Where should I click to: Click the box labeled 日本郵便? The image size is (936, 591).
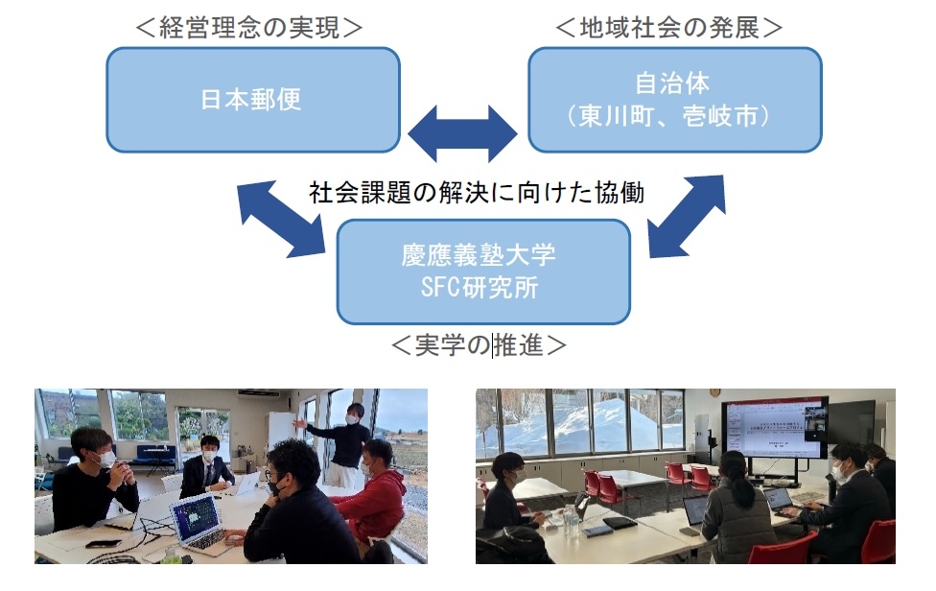pos(252,100)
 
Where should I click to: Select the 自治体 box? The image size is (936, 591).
pos(674,100)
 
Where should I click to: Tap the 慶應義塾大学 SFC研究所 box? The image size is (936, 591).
pos(483,272)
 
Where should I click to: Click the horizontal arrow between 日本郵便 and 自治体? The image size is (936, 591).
pos(462,132)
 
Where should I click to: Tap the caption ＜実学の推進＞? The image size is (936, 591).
pos(478,345)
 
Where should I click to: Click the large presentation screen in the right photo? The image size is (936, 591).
pos(776,426)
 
